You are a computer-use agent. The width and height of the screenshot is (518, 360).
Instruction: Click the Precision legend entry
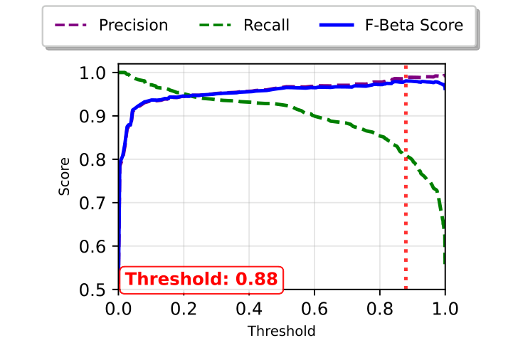point(133,26)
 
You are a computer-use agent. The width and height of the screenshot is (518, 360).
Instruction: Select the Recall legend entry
point(266,26)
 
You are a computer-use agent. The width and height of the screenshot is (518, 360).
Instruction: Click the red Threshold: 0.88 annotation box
point(201,279)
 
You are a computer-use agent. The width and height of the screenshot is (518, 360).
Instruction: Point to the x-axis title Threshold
point(281,331)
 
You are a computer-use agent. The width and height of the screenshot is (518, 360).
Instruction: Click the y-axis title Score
point(65,176)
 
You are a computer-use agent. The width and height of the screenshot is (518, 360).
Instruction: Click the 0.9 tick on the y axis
point(95,116)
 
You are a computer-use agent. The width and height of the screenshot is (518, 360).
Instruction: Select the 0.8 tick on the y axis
point(95,159)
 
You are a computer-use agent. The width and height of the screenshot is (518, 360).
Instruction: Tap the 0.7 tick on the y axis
point(95,203)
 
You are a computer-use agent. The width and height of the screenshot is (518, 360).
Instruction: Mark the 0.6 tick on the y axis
point(95,246)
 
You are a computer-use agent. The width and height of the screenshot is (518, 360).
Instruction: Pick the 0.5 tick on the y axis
point(95,290)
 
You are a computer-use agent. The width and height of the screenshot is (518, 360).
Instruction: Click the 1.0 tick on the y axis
point(95,73)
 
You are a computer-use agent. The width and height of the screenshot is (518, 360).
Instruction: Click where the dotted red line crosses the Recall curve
point(406,154)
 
